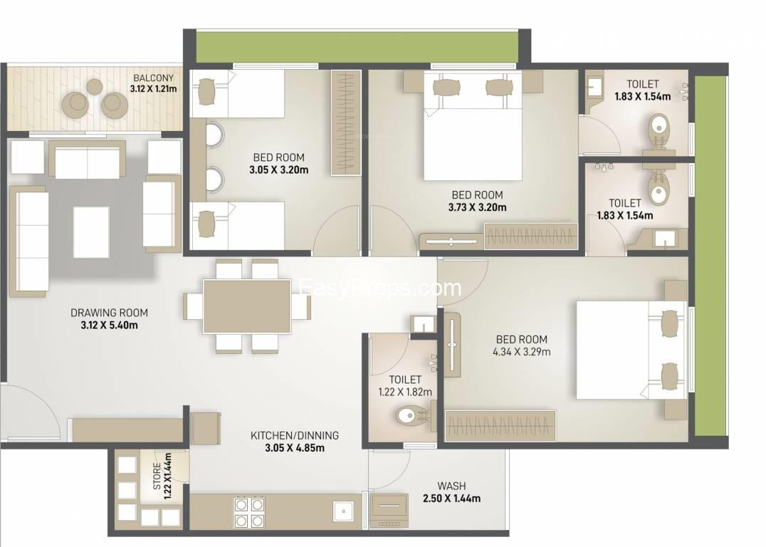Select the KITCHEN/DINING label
coord(295,435)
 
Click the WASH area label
coord(451,486)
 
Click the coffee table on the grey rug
coord(91,231)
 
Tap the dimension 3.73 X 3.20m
coord(477,207)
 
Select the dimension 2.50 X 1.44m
coord(451,499)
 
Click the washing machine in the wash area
coord(389,510)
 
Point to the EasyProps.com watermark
coord(382,288)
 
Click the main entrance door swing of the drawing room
coord(28,410)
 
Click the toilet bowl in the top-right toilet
coord(659,128)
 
